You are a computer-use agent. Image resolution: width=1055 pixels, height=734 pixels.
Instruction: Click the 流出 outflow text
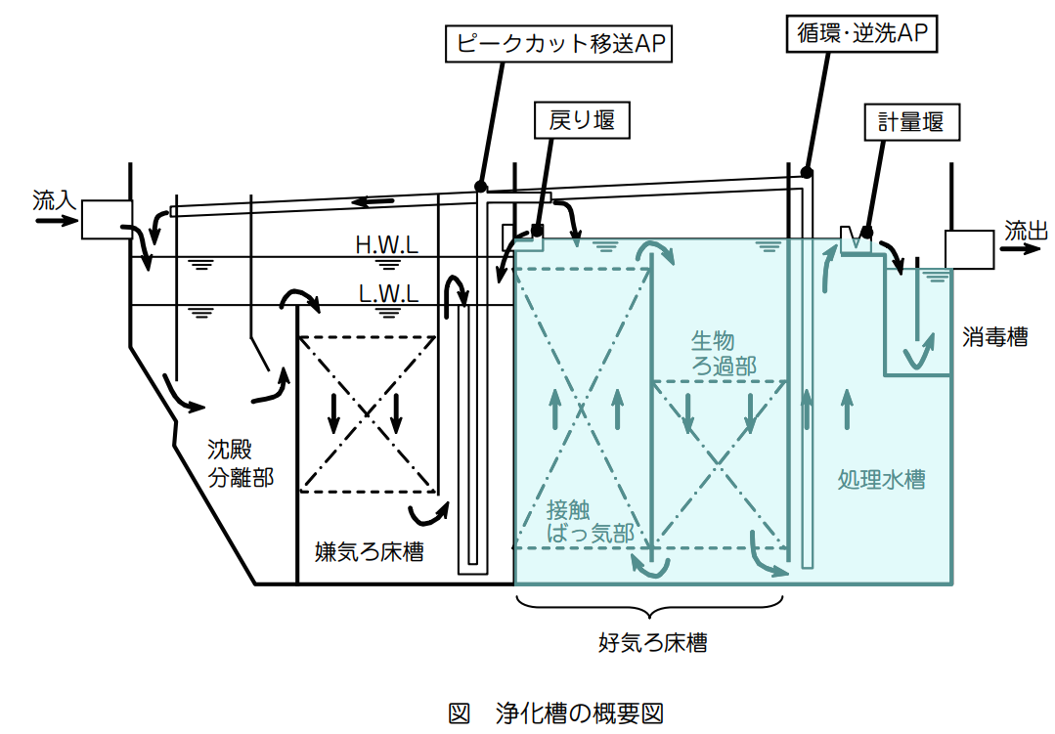(x=1027, y=230)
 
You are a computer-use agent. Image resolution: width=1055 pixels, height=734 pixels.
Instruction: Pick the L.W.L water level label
(x=388, y=292)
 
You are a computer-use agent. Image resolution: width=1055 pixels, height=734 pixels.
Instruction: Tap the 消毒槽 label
(x=993, y=337)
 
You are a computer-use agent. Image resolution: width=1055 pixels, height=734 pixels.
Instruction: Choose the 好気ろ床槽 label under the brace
(x=652, y=642)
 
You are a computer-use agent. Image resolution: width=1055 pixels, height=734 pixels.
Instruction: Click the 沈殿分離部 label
(x=240, y=462)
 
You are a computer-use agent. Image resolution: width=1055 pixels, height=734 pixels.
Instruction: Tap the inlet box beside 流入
(x=107, y=220)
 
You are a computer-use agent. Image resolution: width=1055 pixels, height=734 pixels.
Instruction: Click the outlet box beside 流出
(x=969, y=248)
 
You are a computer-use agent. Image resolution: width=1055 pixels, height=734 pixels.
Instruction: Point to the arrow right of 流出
(x=1026, y=249)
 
